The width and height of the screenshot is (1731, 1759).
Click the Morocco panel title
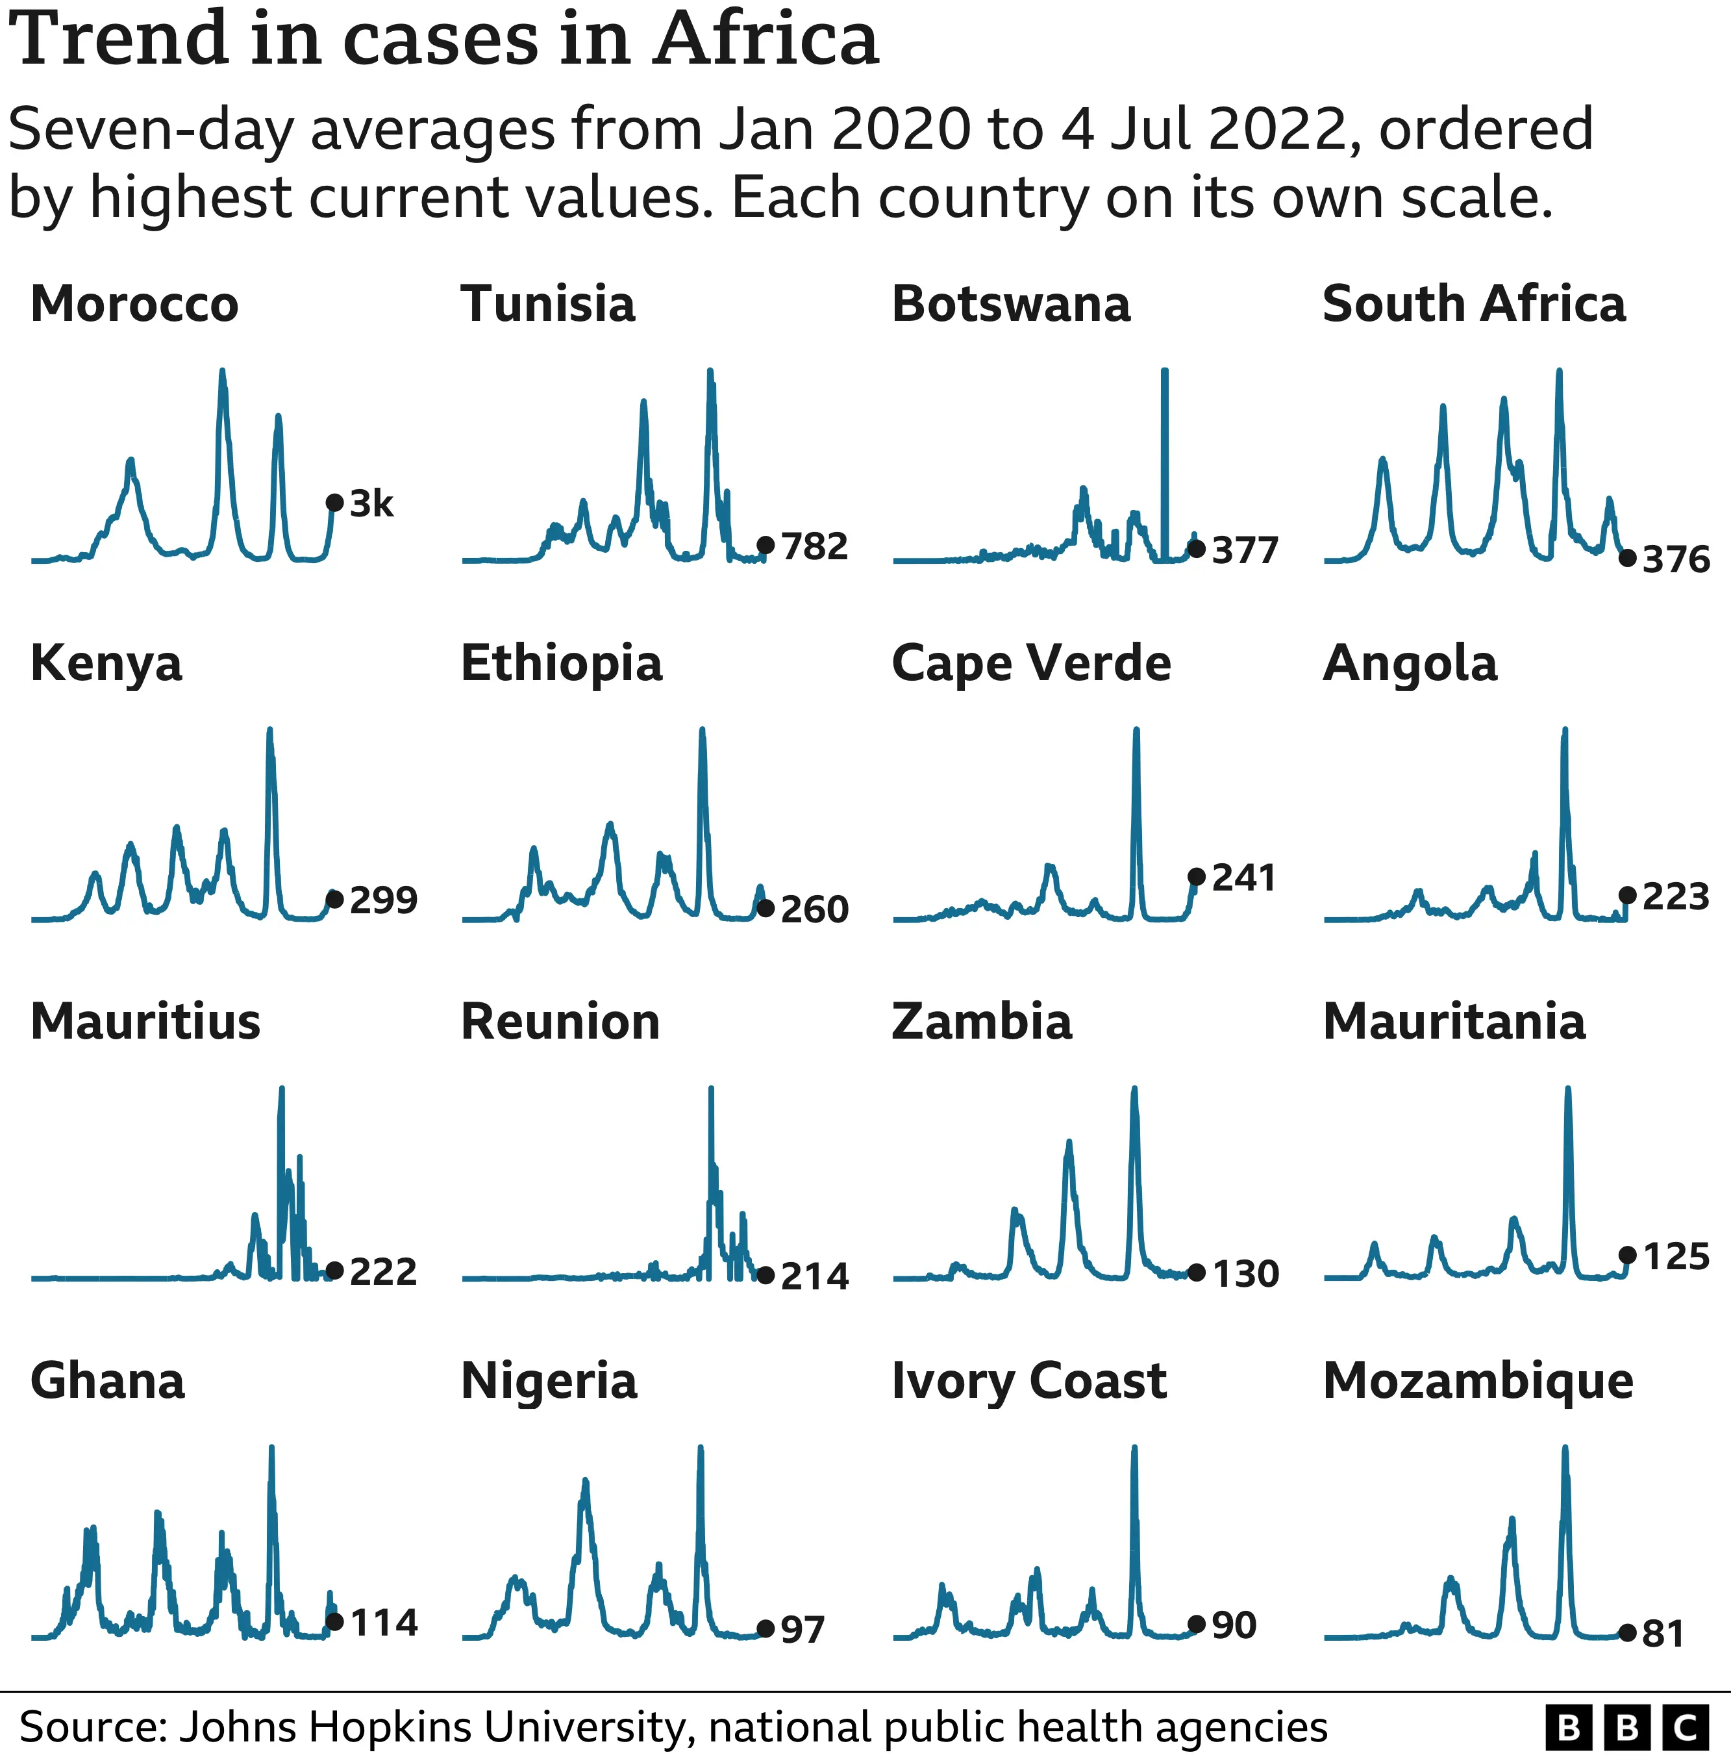134,304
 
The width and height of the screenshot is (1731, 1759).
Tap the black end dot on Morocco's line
334,502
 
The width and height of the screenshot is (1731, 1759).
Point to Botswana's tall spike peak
1165,371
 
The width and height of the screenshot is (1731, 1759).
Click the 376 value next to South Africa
1676,559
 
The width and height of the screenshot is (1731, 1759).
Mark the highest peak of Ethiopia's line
702,730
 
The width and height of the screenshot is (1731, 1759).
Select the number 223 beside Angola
1676,897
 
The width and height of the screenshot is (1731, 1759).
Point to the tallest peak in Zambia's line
1134,1089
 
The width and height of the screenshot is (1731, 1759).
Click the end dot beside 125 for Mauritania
1627,1255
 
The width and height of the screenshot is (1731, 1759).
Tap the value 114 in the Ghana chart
384,1623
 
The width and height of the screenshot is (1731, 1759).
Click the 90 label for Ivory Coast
1234,1625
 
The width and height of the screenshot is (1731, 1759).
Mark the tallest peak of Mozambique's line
1565,1448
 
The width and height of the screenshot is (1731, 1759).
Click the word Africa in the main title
765,41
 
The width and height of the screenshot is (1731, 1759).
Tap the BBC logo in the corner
1626,1727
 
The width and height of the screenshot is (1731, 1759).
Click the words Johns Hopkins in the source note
327,1727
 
